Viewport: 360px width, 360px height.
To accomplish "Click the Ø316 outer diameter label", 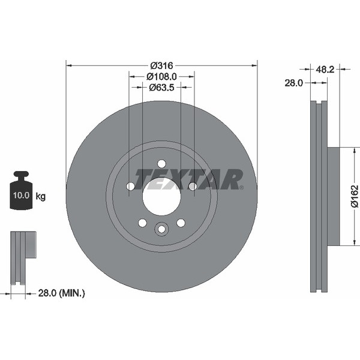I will (161, 65).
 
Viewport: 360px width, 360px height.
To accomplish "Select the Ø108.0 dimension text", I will (161, 76).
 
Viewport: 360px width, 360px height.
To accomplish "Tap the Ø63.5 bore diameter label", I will (161, 88).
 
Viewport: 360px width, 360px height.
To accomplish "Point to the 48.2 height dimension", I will (325, 70).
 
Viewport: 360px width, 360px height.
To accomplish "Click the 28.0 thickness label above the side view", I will (293, 83).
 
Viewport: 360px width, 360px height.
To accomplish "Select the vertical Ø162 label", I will (354, 196).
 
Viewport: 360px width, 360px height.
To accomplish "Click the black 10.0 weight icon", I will (22, 191).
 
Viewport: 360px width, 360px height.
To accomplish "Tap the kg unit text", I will (41, 196).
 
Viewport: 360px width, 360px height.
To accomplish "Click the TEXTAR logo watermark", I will (189, 179).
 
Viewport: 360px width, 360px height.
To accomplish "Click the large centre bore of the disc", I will (161, 196).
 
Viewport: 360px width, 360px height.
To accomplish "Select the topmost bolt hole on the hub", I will (161, 164).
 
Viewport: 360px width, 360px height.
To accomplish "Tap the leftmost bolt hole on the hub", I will (131, 187).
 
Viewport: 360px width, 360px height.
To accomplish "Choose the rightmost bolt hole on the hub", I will (192, 187).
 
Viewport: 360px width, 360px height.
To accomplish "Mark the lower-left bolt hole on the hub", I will (142, 223).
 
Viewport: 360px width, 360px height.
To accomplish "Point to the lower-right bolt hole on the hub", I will (181, 223).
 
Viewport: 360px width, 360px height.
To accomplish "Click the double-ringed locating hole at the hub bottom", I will (161, 229).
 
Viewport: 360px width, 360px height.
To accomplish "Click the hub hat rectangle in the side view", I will (333, 196).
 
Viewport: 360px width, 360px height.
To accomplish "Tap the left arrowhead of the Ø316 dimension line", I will (68, 65).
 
